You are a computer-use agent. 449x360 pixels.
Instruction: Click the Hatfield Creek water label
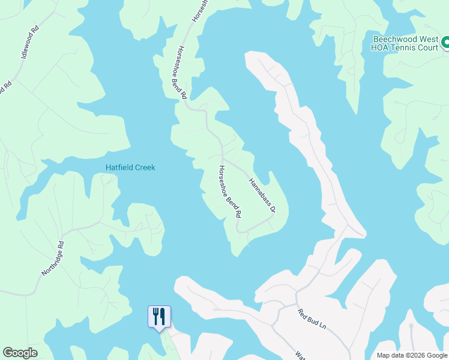coord(130,167)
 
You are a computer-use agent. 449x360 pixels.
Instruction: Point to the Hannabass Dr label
coord(262,196)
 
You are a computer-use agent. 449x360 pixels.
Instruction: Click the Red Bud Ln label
coord(311,319)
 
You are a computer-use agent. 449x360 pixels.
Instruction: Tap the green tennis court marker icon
coord(445,43)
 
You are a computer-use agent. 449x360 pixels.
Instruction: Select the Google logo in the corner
coord(20,353)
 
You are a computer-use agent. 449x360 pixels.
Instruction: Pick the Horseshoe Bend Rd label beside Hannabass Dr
coord(230,191)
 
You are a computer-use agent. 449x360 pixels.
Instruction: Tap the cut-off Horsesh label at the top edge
coord(199,10)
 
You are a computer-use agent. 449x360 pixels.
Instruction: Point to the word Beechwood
coord(391,37)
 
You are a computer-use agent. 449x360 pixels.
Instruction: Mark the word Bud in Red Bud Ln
coord(312,319)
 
